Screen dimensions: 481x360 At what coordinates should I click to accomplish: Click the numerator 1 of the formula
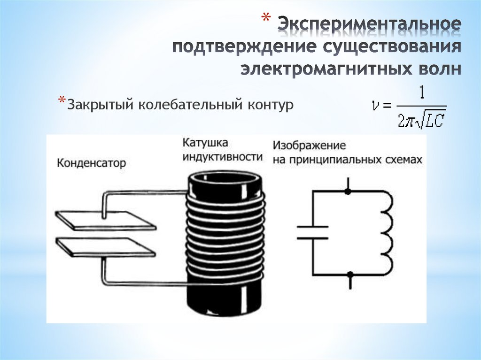point(421,93)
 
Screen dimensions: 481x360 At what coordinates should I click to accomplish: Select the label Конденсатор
point(92,163)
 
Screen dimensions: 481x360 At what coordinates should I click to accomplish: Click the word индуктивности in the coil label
point(223,157)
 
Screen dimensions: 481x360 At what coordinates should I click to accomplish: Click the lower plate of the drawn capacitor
point(106,246)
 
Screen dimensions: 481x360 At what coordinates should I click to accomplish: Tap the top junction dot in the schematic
point(348,191)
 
